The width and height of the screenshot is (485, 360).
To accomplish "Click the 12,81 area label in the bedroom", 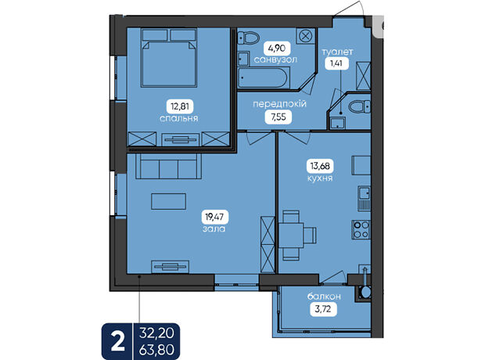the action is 180,106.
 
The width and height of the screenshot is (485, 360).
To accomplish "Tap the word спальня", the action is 179,118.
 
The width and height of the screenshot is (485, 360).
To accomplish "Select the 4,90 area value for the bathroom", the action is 277,49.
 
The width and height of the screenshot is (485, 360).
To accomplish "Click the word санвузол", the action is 275,59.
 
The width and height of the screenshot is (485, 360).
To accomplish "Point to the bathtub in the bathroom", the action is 264,78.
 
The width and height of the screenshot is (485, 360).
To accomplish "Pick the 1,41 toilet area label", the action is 336,63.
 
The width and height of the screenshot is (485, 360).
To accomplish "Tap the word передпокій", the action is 279,104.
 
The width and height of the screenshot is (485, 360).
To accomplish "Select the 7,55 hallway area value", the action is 278,117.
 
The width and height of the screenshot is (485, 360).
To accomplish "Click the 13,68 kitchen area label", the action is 320,166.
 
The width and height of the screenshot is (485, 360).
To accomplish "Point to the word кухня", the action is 320,178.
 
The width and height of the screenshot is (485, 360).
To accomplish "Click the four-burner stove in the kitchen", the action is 361,229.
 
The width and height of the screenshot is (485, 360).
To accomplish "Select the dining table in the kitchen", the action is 291,236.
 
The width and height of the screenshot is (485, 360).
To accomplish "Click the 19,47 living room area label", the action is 214,217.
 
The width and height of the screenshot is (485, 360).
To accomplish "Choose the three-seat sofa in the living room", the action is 168,166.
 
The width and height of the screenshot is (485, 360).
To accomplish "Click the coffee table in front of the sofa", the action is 168,201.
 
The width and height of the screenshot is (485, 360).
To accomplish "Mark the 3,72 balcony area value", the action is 323,309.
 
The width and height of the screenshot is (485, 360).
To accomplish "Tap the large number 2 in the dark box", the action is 117,342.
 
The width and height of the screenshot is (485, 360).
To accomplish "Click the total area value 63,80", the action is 156,350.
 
